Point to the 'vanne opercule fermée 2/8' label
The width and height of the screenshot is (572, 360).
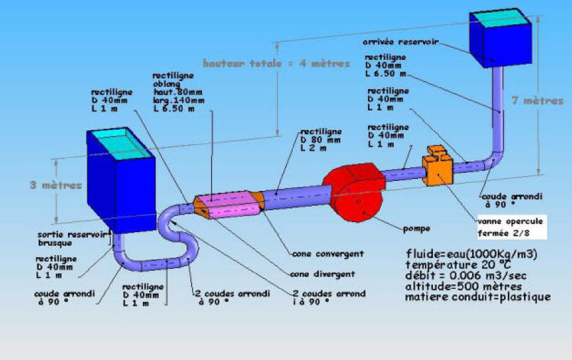click(510, 226)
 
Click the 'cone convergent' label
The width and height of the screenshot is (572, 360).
click(326, 254)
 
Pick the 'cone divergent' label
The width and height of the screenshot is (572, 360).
click(324, 274)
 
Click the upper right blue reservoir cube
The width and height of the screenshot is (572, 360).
click(501, 39)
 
